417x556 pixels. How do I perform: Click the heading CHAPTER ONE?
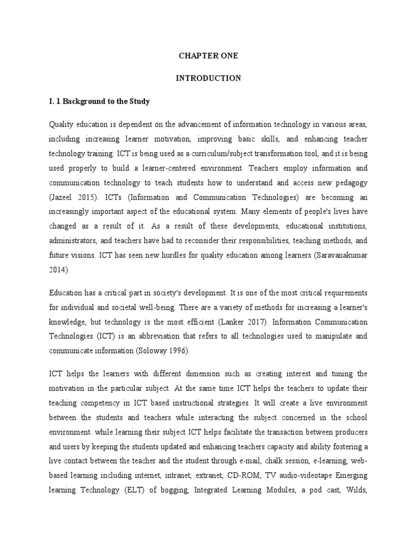[208, 56]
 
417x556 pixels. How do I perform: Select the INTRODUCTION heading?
[208, 78]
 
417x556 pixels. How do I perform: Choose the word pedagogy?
[351, 181]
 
